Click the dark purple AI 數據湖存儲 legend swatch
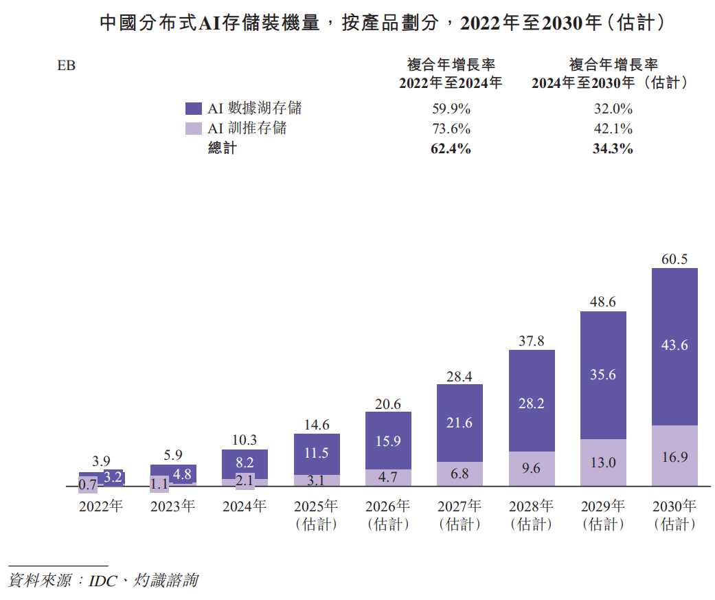[x=194, y=109]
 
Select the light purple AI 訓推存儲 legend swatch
[x=194, y=129]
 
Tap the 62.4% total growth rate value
[x=451, y=148]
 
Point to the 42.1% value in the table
[x=613, y=129]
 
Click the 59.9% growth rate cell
[x=451, y=109]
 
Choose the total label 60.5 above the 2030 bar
[x=674, y=259]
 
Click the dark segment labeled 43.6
[x=674, y=346]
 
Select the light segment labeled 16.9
[x=674, y=456]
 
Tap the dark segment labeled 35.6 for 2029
[x=603, y=375]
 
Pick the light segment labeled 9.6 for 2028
[x=532, y=469]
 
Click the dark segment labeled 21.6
[x=459, y=423]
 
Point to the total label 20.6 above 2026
[x=388, y=404]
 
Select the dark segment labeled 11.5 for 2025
[x=317, y=454]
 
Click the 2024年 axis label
[x=245, y=507]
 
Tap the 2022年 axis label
[x=101, y=507]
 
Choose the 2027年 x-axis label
[x=459, y=507]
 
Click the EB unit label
[x=67, y=66]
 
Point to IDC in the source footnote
[x=102, y=580]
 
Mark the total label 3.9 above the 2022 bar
[x=101, y=461]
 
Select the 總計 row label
[x=222, y=148]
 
